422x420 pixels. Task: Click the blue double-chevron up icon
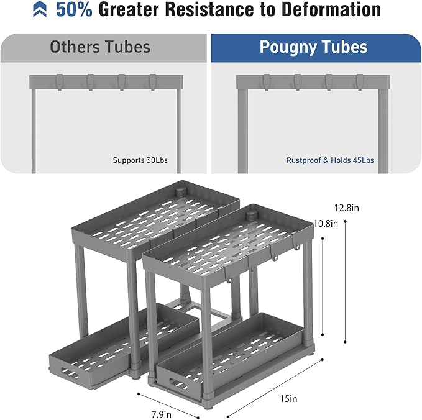click(x=40, y=9)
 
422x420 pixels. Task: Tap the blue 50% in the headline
click(x=75, y=9)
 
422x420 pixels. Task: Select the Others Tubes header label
click(x=100, y=47)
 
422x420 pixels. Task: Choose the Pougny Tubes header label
click(x=313, y=47)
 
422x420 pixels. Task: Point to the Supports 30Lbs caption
click(x=140, y=160)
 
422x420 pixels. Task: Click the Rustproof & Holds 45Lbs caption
click(x=330, y=160)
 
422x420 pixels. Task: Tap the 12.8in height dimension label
click(x=347, y=208)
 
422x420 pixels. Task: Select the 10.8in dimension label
click(x=326, y=223)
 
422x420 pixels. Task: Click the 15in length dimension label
click(x=288, y=398)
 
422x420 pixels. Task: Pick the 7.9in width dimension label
click(x=161, y=414)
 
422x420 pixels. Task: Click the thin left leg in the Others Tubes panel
click(x=34, y=131)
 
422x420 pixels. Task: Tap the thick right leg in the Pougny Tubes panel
click(x=383, y=131)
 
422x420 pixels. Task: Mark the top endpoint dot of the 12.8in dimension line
click(x=345, y=221)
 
